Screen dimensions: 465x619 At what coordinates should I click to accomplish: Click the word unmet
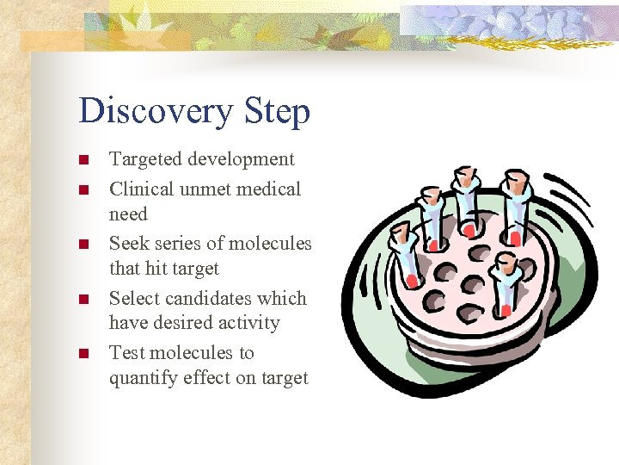coord(206,189)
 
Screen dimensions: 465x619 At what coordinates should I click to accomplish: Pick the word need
coord(128,214)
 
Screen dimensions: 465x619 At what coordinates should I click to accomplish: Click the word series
coord(177,244)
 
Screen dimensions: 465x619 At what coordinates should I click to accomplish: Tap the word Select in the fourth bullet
coord(133,299)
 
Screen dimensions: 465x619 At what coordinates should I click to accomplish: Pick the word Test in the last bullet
coord(127,353)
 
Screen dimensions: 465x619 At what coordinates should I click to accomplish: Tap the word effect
coord(211,378)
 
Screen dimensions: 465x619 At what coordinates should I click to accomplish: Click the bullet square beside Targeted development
coord(83,160)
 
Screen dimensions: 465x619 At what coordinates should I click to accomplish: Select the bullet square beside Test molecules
coord(83,354)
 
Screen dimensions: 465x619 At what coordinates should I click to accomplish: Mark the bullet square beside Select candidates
coord(83,300)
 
